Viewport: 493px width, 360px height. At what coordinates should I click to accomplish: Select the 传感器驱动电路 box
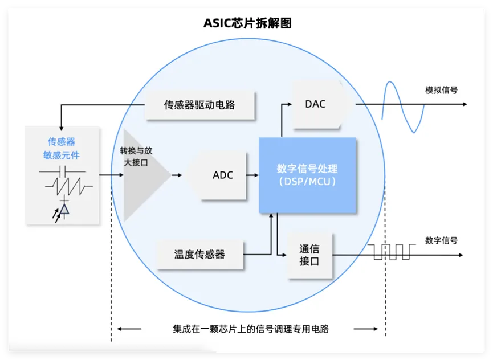pos(199,105)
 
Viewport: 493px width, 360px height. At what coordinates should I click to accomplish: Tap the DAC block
pos(316,104)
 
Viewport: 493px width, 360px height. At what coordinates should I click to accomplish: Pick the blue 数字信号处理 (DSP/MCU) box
pos(307,175)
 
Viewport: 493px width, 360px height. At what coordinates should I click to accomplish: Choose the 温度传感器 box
pos(199,254)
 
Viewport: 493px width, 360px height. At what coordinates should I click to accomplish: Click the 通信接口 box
pos(309,255)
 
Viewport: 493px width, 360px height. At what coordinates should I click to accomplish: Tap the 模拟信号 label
pos(441,90)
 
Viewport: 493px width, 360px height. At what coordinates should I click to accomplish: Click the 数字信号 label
pos(441,240)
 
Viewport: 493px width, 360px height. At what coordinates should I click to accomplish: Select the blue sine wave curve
pos(403,107)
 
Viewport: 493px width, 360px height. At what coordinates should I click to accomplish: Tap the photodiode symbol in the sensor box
pos(63,210)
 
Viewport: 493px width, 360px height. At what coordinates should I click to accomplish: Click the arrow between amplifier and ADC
pos(177,175)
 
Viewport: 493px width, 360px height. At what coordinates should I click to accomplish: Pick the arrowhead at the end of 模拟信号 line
pos(465,104)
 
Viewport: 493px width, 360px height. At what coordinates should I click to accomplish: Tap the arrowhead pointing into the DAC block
pos(289,104)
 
